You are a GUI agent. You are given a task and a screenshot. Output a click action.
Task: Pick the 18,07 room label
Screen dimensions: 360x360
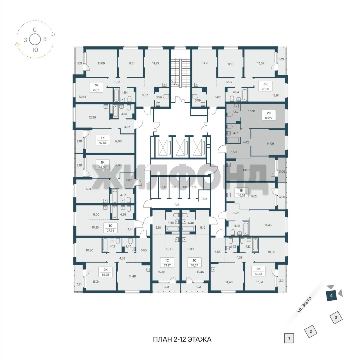click(x=246, y=170)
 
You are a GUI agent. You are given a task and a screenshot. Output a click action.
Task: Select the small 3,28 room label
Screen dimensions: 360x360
click(x=204, y=199)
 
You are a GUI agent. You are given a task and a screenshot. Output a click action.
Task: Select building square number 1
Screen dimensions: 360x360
click(x=289, y=339)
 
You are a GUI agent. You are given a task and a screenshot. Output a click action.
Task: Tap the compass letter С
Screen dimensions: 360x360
click(x=34, y=30)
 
